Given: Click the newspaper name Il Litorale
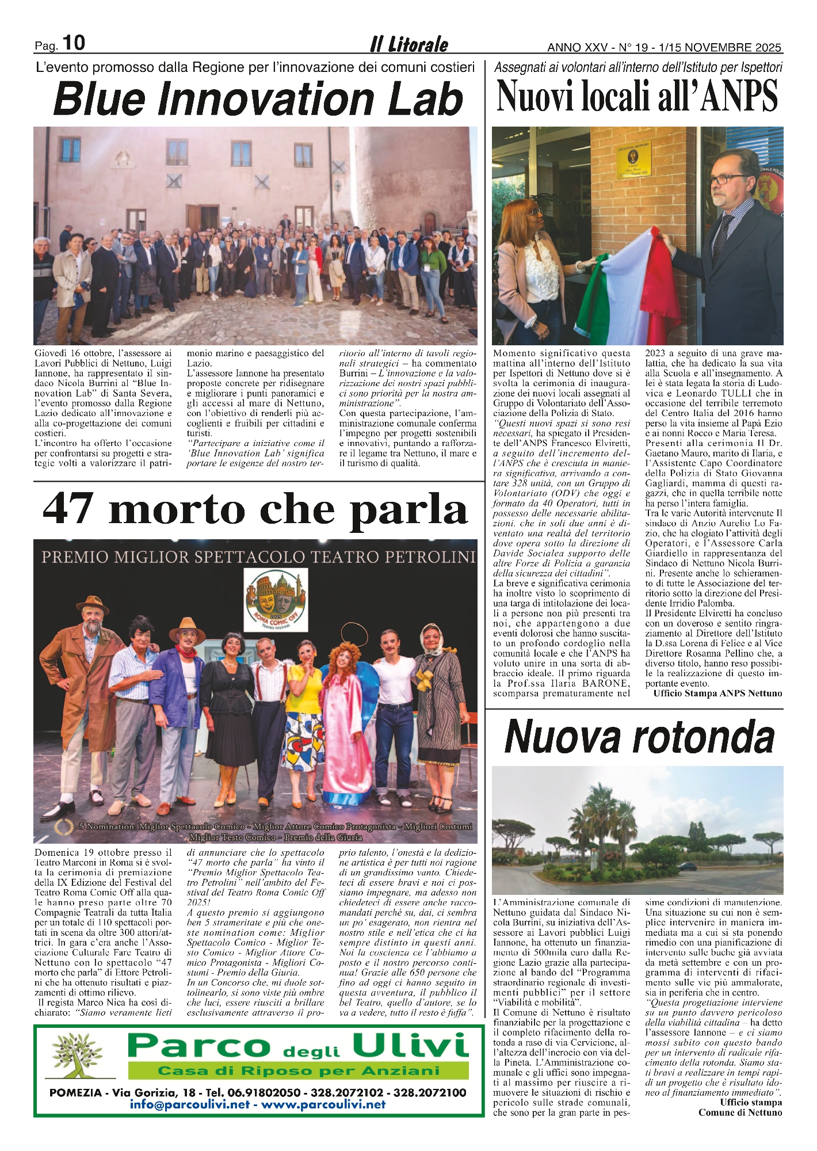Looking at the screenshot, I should pos(408,44).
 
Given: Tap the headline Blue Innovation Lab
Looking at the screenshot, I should pos(258,99).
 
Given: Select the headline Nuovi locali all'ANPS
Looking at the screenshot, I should pos(637,96).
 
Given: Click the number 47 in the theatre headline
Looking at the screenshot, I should pos(68,509).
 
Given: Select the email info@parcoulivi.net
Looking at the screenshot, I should pos(189,1104).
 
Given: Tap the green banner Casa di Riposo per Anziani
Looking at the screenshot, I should pos(299,1070).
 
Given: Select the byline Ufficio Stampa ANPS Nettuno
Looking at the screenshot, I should pos(717,693).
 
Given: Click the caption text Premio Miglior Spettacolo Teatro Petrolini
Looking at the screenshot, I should pos(258,557).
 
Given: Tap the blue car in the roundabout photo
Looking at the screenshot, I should pos(687,866).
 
